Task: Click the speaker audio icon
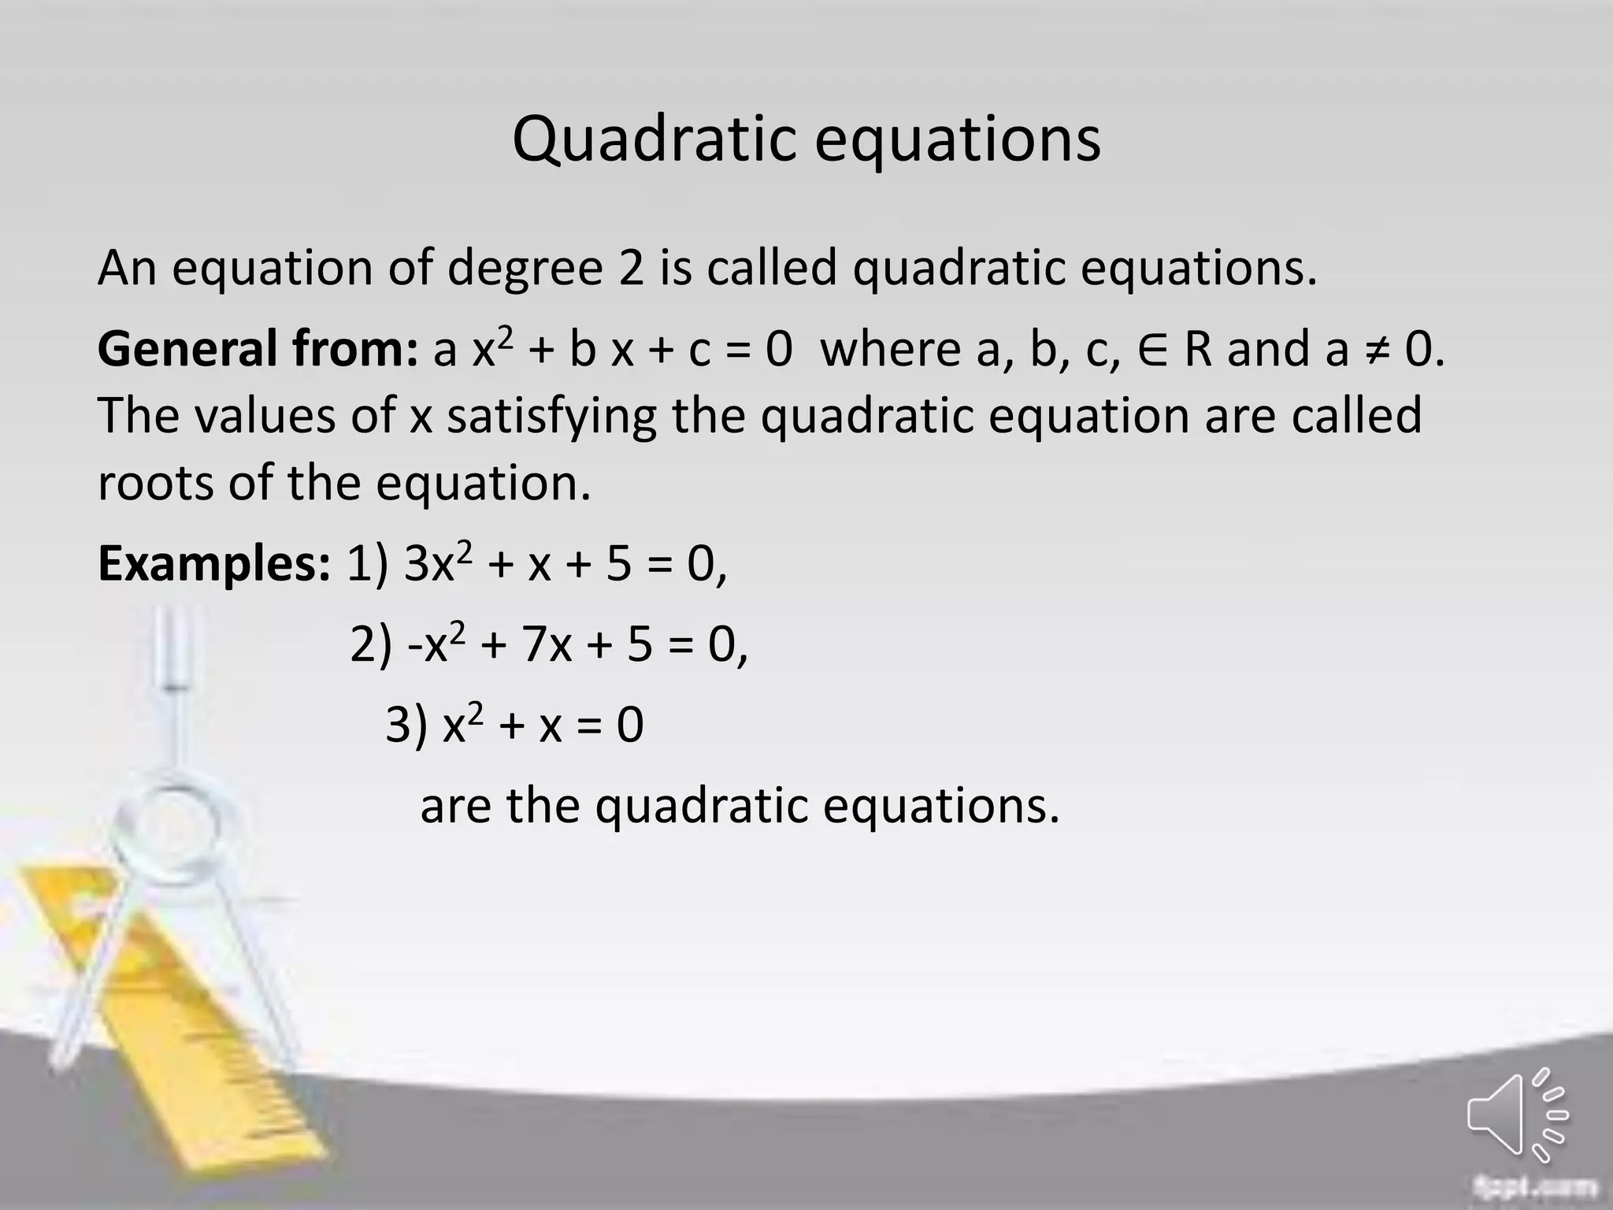pyautogui.click(x=1517, y=1114)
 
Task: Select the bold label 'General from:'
pyautogui.click(x=258, y=349)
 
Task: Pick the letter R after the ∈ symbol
pyautogui.click(x=1197, y=349)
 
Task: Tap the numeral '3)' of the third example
pyautogui.click(x=406, y=725)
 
